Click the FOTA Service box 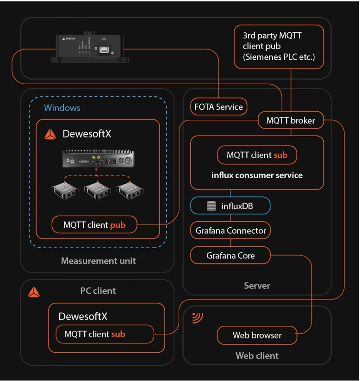pyautogui.click(x=218, y=107)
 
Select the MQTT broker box pyautogui.click(x=291, y=121)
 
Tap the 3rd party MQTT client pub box pyautogui.click(x=279, y=46)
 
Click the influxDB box pyautogui.click(x=230, y=206)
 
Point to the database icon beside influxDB pyautogui.click(x=211, y=206)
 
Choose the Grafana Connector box pyautogui.click(x=230, y=231)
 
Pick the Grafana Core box pyautogui.click(x=230, y=255)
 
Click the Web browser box pyautogui.click(x=257, y=335)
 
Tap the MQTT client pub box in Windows pyautogui.click(x=94, y=226)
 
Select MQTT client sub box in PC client pyautogui.click(x=105, y=334)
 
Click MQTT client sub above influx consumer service pyautogui.click(x=257, y=155)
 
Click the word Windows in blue pyautogui.click(x=62, y=108)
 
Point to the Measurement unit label pyautogui.click(x=99, y=261)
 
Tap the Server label pyautogui.click(x=257, y=286)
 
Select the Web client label pyautogui.click(x=257, y=356)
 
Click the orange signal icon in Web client pyautogui.click(x=198, y=317)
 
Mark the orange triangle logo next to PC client pyautogui.click(x=34, y=292)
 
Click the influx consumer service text pyautogui.click(x=257, y=175)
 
